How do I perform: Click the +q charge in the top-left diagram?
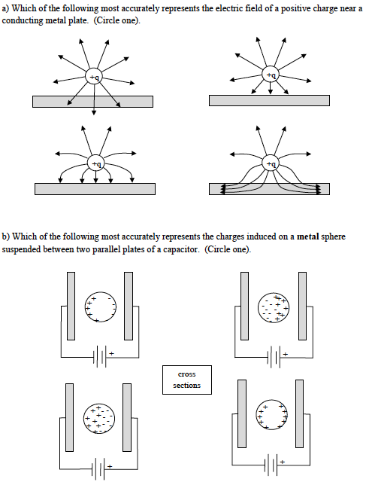pyautogui.click(x=94, y=77)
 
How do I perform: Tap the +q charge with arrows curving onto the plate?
pyautogui.click(x=96, y=163)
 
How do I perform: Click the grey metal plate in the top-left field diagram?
pyautogui.click(x=92, y=102)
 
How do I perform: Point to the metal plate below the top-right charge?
pyautogui.click(x=269, y=100)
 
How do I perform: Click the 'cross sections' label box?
pyautogui.click(x=187, y=380)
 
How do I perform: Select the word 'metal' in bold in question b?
pyautogui.click(x=308, y=236)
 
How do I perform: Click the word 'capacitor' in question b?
pyautogui.click(x=180, y=249)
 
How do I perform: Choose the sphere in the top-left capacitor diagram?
pyautogui.click(x=101, y=307)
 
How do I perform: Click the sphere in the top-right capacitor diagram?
pyautogui.click(x=274, y=307)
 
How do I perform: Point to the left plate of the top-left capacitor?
pyautogui.click(x=71, y=306)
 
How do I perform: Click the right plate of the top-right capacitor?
pyautogui.click(x=303, y=306)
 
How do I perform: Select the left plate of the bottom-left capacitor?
pyautogui.click(x=69, y=417)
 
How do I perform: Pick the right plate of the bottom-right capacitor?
pyautogui.click(x=299, y=413)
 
